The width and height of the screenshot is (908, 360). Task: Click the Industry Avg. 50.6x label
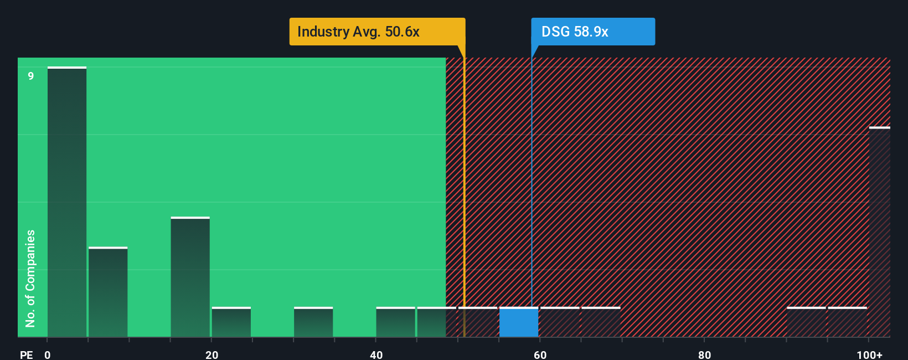376,32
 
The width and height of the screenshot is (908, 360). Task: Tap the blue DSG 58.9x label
592,32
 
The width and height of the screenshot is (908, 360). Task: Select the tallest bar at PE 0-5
67,202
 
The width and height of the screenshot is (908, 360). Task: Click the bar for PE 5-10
108,292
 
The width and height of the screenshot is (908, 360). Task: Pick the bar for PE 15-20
190,277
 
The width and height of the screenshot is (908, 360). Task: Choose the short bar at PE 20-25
231,322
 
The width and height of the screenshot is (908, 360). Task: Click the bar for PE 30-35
313,322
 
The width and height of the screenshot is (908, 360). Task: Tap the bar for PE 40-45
395,322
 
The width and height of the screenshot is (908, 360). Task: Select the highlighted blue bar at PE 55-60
519,322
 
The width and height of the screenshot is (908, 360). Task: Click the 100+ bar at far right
879,233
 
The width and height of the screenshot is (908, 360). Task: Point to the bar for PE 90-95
806,322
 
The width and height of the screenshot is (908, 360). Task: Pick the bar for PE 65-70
601,322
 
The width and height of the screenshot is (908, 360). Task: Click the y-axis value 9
31,76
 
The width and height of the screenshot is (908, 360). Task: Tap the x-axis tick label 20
211,354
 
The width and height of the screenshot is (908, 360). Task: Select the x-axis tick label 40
376,354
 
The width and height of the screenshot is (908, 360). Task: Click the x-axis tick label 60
540,354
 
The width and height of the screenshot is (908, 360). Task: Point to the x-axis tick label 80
704,354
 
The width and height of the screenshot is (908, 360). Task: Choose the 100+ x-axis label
870,354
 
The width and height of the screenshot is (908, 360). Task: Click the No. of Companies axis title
30,278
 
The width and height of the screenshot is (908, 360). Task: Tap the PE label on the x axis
26,354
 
